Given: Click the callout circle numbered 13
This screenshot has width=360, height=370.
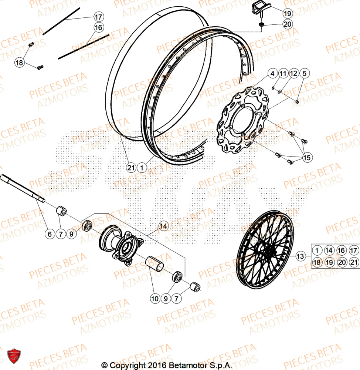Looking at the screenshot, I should coord(300,256).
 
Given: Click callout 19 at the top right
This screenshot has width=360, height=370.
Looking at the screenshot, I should coord(287,14).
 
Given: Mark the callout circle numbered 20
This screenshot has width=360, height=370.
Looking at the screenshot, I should coord(287,24).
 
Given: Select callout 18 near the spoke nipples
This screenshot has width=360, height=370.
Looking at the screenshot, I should coord(20,63).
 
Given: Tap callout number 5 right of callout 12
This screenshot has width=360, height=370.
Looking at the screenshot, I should coord(304,74).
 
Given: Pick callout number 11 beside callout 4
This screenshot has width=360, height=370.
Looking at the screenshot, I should coord(282,74).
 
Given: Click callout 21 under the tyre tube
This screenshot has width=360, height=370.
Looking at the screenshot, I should coord(130,168).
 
